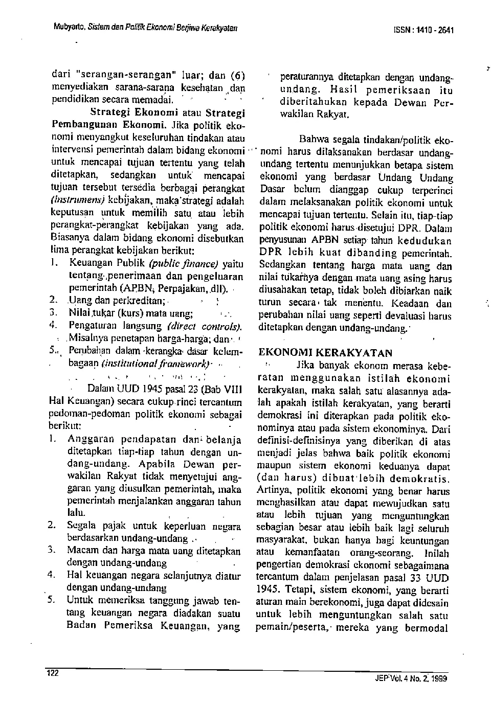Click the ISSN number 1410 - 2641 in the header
[x=429, y=30]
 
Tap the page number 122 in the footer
[x=53, y=673]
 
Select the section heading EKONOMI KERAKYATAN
[x=326, y=352]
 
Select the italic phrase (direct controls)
[x=205, y=326]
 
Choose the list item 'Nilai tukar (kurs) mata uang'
[x=130, y=313]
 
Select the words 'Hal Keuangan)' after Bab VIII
[x=75, y=401]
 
